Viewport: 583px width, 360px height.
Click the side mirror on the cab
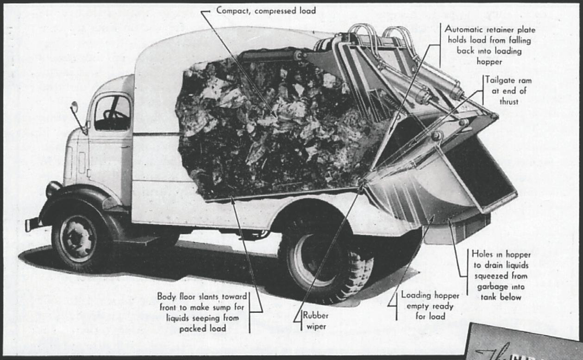[74, 107]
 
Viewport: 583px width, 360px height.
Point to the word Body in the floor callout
[167, 296]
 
